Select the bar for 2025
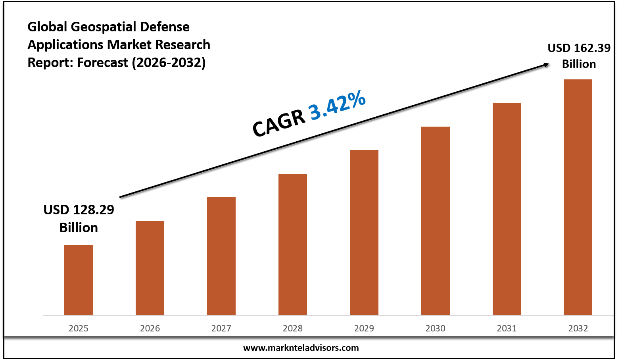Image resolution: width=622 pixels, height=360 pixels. point(79,280)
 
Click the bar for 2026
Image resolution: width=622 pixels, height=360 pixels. point(150,268)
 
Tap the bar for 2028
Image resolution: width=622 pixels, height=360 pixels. point(293,244)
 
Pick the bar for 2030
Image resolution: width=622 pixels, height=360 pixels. point(436,221)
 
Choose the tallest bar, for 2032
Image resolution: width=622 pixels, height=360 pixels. point(578,197)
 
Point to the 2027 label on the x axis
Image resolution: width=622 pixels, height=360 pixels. point(221,328)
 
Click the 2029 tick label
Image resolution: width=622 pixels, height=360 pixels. point(364,328)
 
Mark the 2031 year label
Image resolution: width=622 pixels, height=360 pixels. point(507,328)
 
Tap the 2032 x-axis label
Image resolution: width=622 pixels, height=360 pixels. point(578,328)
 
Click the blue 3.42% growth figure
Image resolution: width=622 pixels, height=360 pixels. point(338,105)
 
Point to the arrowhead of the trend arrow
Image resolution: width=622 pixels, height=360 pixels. point(547,64)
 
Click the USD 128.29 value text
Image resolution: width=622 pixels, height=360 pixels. point(79,210)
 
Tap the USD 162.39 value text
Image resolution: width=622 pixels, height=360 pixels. point(579,48)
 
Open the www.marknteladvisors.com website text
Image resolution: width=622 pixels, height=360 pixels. point(301,348)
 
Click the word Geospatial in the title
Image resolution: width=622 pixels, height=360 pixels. point(104,27)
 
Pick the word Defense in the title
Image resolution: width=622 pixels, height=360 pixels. point(165,27)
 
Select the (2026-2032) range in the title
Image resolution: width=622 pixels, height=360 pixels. point(169,62)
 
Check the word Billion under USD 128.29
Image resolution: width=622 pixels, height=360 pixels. point(79,227)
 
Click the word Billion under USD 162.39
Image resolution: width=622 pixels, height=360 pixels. point(579,64)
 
